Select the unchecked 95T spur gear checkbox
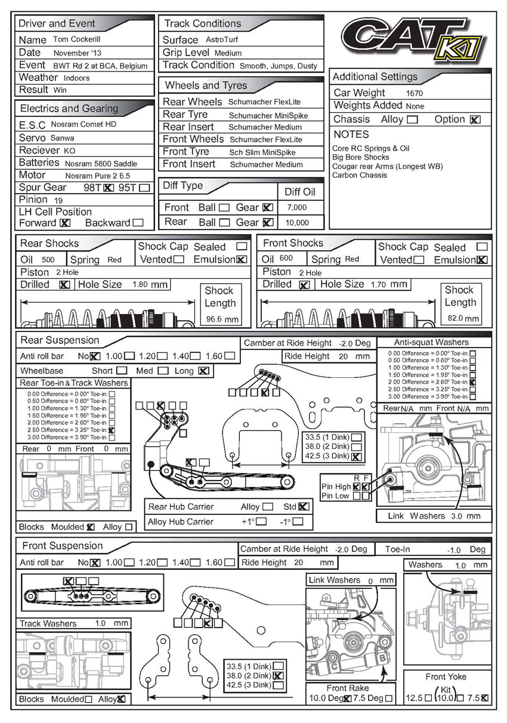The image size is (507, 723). [x=144, y=188]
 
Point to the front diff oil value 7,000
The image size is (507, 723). [x=297, y=208]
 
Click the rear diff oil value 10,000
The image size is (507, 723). [x=297, y=222]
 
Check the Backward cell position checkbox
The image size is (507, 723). [x=138, y=223]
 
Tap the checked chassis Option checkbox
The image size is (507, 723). [x=474, y=119]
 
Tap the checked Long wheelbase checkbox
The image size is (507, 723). [x=203, y=371]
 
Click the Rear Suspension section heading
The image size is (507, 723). [x=60, y=340]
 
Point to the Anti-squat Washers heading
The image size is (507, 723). [x=431, y=342]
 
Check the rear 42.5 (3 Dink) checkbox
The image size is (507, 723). [x=356, y=457]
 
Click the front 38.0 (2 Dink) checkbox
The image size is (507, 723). [x=277, y=675]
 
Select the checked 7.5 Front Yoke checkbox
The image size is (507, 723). [x=484, y=698]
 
